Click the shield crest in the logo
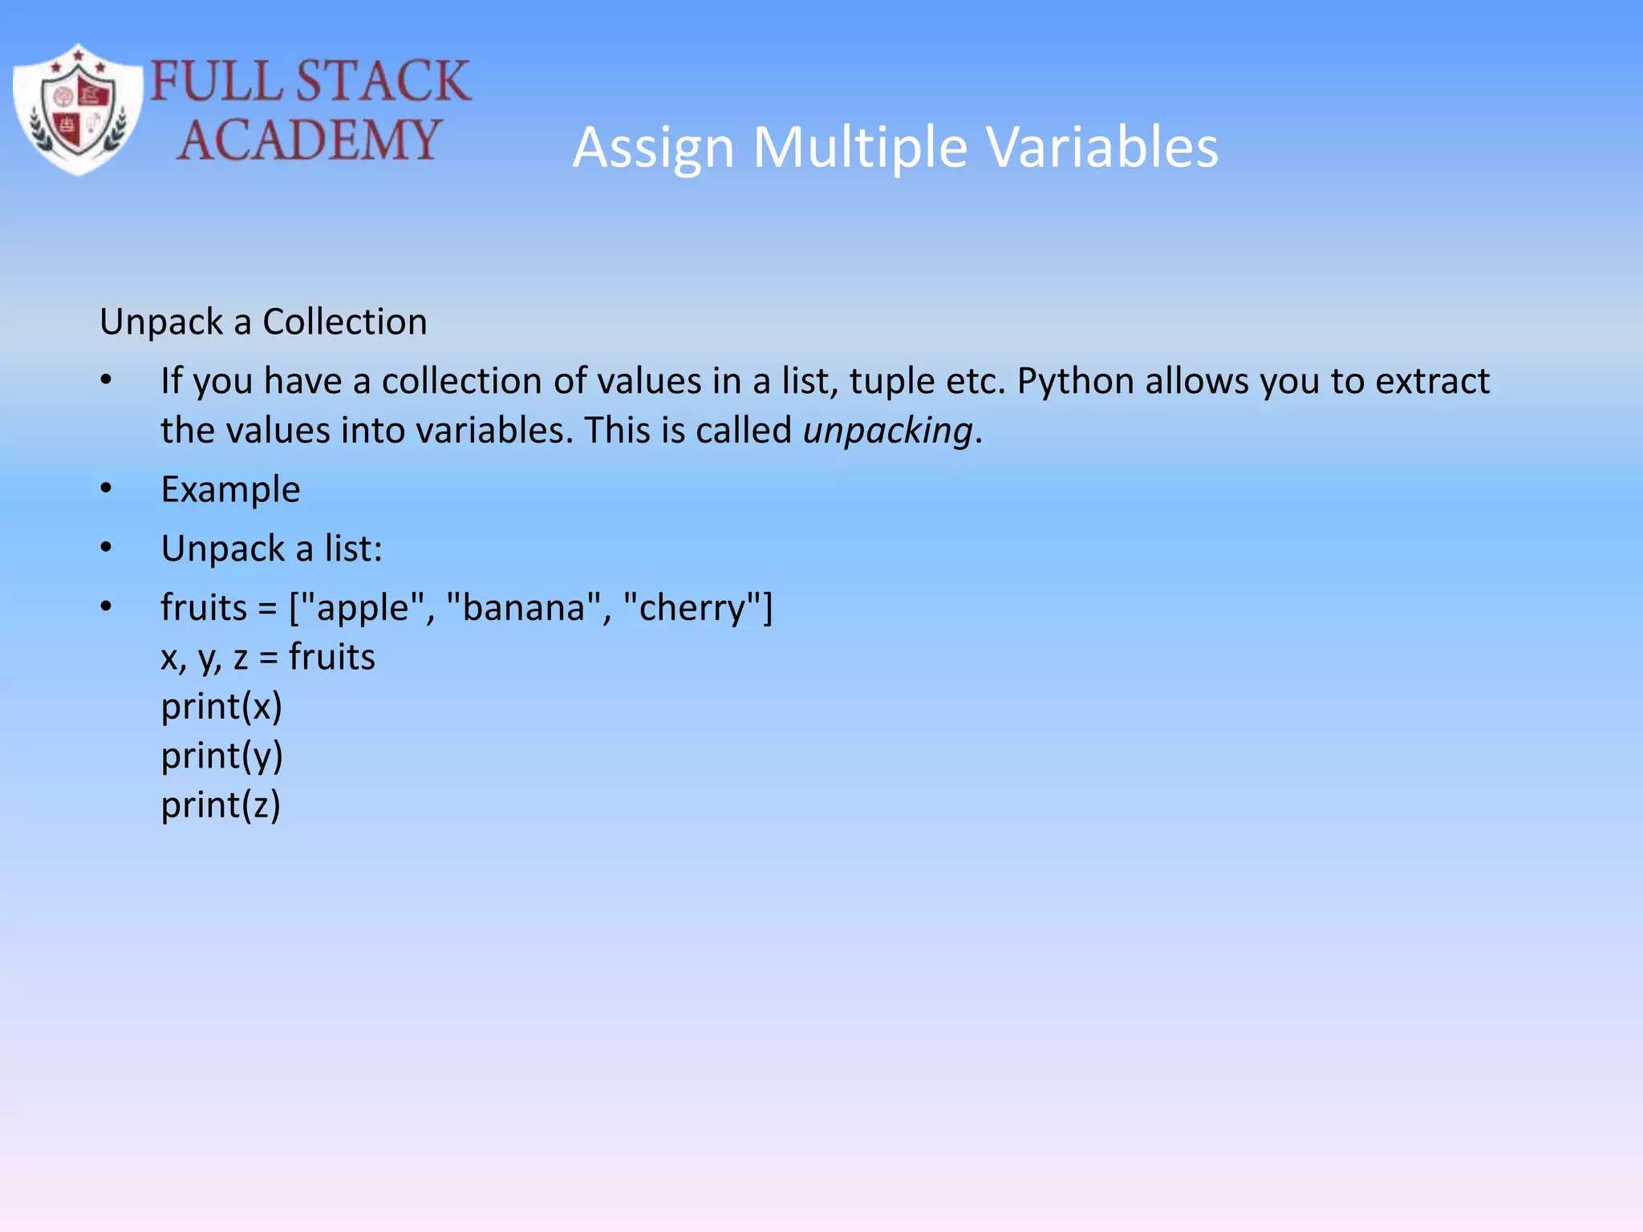click(78, 110)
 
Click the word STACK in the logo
click(383, 81)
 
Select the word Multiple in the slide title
click(861, 148)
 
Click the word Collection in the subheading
click(345, 322)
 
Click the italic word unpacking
click(888, 431)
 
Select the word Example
click(230, 489)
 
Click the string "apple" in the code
click(363, 607)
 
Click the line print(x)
click(221, 707)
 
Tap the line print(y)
click(221, 756)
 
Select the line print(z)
click(221, 805)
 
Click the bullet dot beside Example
click(107, 488)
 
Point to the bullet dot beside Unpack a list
click(107, 548)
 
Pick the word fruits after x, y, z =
click(331, 657)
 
